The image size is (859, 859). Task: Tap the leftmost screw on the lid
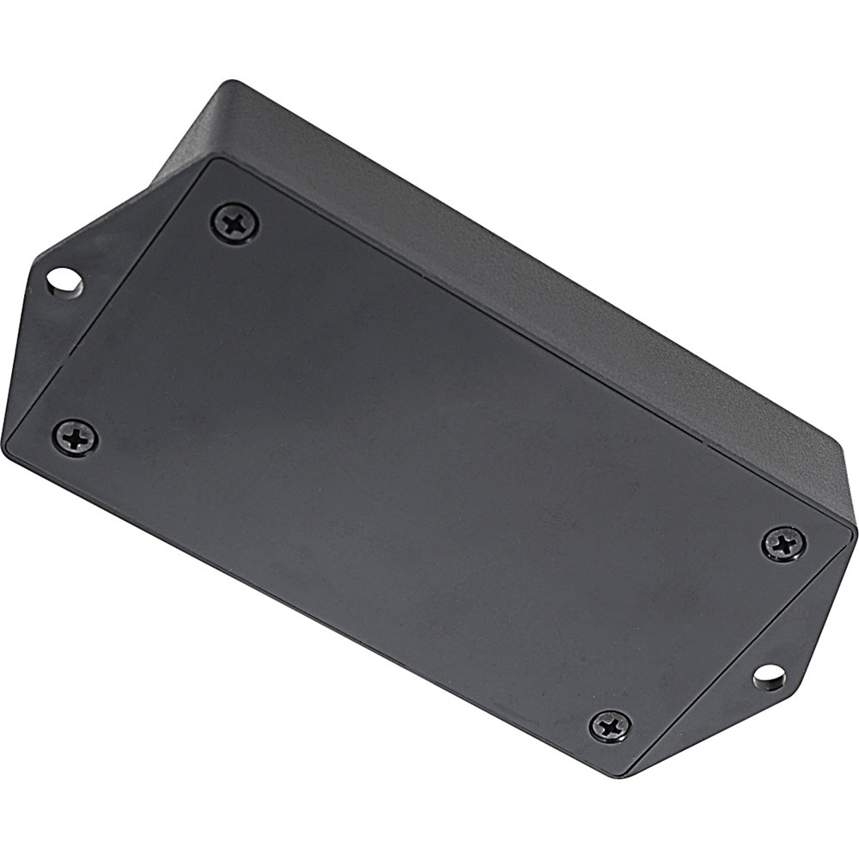[x=75, y=438]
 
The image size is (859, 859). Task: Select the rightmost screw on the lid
[x=783, y=544]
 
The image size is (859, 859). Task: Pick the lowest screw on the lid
[x=611, y=726]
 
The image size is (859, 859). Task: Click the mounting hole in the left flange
[x=64, y=280]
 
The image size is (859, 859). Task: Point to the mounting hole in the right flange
[x=769, y=677]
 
